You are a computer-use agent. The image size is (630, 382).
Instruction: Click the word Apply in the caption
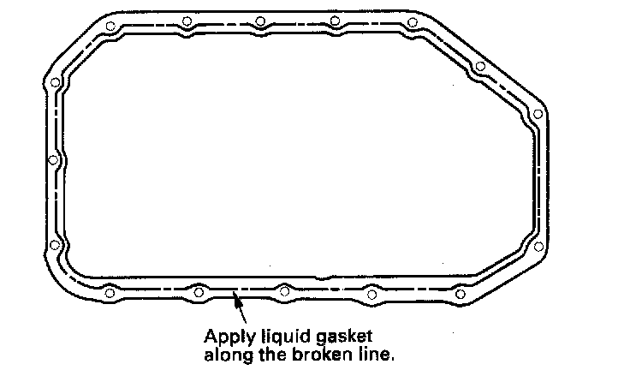click(224, 335)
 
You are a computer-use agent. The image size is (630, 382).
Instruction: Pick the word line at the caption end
click(379, 352)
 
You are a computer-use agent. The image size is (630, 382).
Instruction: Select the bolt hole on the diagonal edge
click(480, 66)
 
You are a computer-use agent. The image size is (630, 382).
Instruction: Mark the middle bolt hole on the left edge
click(53, 160)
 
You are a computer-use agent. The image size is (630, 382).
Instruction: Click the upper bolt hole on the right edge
click(538, 114)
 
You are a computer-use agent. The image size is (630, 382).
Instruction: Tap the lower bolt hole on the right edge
click(538, 246)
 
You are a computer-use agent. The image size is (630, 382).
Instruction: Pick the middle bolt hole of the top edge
click(259, 21)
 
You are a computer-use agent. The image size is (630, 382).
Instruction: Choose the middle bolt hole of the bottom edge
click(283, 291)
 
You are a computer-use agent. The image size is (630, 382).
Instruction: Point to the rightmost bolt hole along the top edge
click(412, 22)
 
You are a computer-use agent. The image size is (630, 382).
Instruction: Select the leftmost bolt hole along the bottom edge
click(109, 295)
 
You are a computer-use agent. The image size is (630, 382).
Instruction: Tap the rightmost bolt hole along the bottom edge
click(461, 294)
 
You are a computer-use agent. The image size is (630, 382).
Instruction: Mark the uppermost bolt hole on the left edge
click(56, 83)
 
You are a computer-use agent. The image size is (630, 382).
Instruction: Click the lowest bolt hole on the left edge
click(55, 246)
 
